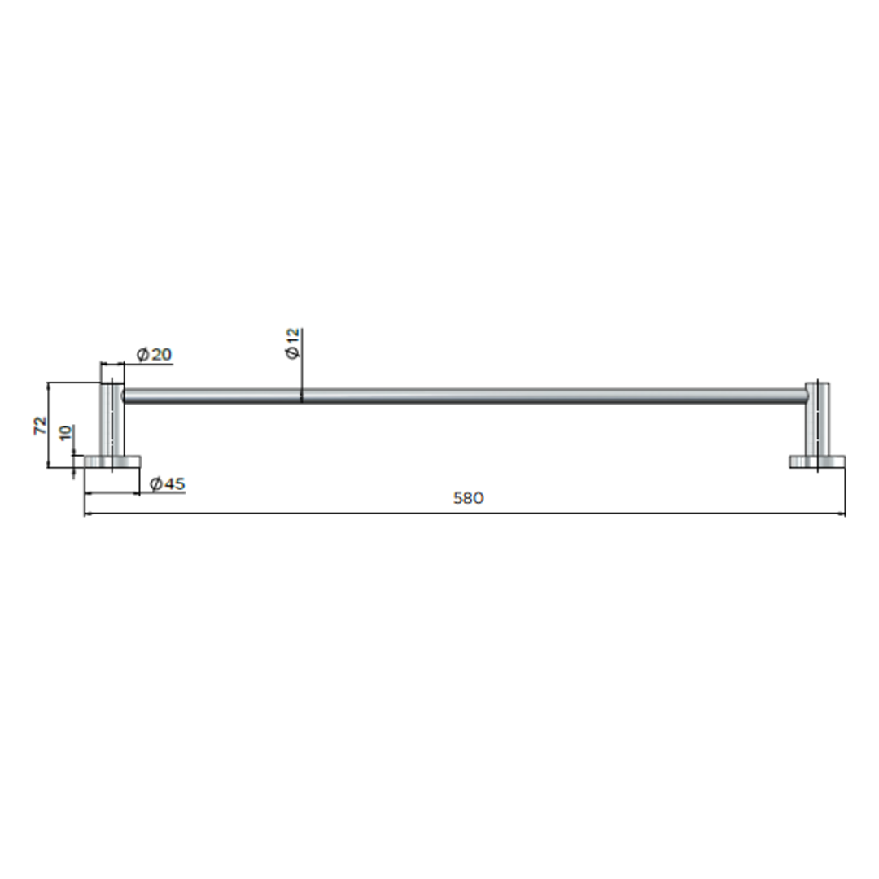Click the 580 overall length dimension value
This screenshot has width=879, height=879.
pos(468,498)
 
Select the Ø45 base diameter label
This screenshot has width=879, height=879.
pos(167,483)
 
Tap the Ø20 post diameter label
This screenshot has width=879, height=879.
pos(154,355)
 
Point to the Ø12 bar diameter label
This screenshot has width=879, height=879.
pos(292,343)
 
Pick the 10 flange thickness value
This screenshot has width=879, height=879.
pos(66,433)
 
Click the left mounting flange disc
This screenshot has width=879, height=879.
pos(112,461)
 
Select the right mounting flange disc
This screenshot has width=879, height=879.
pos(817,461)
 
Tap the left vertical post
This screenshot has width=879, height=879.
pos(112,419)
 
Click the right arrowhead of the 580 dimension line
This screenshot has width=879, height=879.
pos(842,514)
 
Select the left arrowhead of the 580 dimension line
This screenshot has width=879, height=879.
pos(88,514)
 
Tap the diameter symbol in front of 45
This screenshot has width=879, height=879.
pos(155,483)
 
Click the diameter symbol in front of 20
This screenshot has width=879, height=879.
pos(142,355)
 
